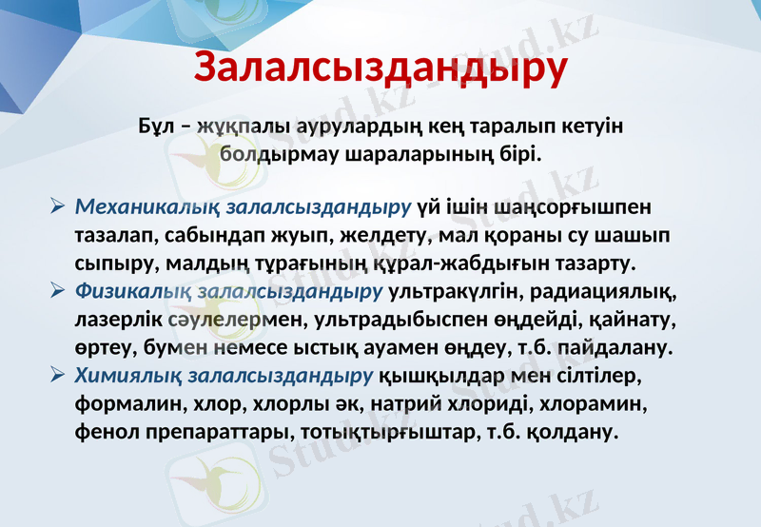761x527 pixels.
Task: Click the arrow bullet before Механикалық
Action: tap(57, 206)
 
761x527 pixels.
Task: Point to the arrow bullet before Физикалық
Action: tap(57, 288)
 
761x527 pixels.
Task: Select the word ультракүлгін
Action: tap(456, 288)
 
